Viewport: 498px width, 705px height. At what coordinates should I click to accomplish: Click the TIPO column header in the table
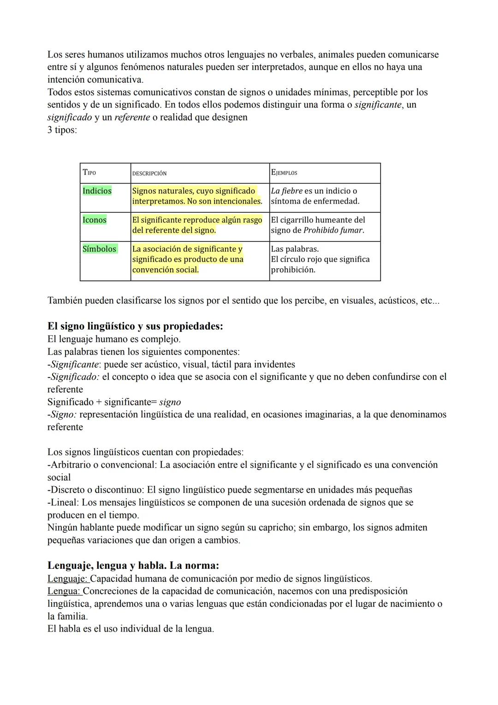point(89,173)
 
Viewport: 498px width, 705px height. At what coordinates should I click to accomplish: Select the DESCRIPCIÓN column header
point(149,173)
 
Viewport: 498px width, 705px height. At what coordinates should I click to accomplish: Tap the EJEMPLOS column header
point(284,173)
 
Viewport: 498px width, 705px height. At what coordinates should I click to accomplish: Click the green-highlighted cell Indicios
point(97,191)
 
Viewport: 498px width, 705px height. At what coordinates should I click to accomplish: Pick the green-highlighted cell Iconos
point(95,220)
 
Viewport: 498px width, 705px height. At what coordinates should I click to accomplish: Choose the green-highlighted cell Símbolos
point(99,249)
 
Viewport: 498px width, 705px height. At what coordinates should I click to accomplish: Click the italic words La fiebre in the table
point(286,191)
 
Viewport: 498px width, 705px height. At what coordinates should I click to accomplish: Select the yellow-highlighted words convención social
point(165,270)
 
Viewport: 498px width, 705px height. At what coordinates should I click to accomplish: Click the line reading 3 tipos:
point(62,130)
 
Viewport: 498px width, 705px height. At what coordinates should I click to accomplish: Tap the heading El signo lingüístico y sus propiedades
point(135,326)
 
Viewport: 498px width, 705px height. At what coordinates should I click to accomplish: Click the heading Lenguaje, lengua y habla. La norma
point(133,565)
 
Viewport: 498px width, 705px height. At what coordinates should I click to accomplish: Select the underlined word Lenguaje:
point(68,578)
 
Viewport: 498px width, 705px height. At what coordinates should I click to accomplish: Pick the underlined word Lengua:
point(65,591)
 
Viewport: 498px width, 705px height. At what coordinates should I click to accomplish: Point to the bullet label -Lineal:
point(63,502)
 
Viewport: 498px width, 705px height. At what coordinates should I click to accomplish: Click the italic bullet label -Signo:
point(62,415)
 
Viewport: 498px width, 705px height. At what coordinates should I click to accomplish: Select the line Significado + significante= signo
point(114,402)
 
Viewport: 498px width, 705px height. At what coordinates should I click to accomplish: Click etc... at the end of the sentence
point(430,301)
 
